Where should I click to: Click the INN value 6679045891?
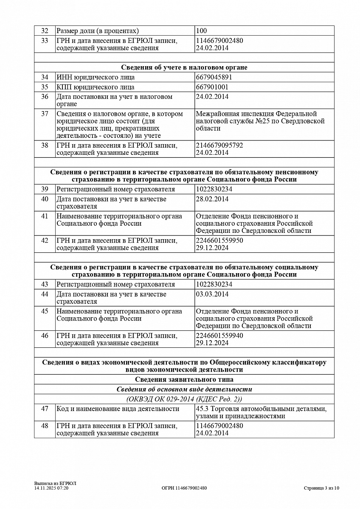(214, 77)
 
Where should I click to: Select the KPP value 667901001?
(212, 87)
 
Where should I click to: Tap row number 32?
(45, 31)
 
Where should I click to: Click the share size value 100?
(202, 31)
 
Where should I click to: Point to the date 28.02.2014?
(212, 199)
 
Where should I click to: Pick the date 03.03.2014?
(212, 294)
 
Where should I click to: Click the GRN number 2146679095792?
(219, 145)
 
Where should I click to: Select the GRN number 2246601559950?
(219, 241)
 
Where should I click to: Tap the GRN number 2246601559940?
(219, 336)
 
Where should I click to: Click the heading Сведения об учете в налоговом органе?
(184, 67)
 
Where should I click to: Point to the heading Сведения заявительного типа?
(184, 380)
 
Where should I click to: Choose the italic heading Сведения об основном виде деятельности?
(184, 389)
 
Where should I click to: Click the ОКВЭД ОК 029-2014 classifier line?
(184, 399)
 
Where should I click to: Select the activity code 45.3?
(201, 409)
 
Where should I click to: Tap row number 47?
(45, 409)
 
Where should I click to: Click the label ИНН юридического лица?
(96, 77)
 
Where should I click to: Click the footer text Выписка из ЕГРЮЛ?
(52, 484)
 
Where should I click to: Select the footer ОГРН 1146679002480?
(184, 488)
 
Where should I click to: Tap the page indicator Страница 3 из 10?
(321, 488)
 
